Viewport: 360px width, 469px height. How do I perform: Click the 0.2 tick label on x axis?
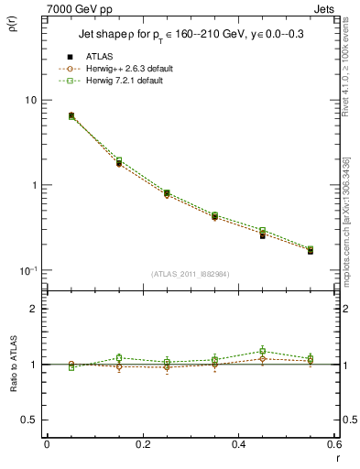142,444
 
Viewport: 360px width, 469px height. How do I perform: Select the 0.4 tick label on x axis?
238,444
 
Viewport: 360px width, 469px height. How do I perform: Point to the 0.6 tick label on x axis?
333,444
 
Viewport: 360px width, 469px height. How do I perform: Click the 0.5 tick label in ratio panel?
31,420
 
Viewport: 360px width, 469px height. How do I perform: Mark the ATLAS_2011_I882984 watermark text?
190,274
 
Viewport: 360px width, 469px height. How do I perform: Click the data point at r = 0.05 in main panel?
71,116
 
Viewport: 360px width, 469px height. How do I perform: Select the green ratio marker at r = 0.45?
263,351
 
